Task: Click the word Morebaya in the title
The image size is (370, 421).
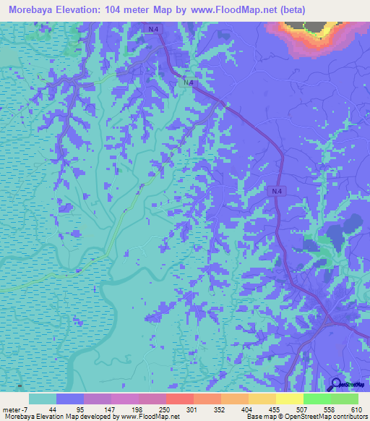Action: point(35,10)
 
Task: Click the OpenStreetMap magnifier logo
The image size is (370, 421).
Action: point(336,385)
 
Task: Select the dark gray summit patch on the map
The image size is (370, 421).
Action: point(315,27)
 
